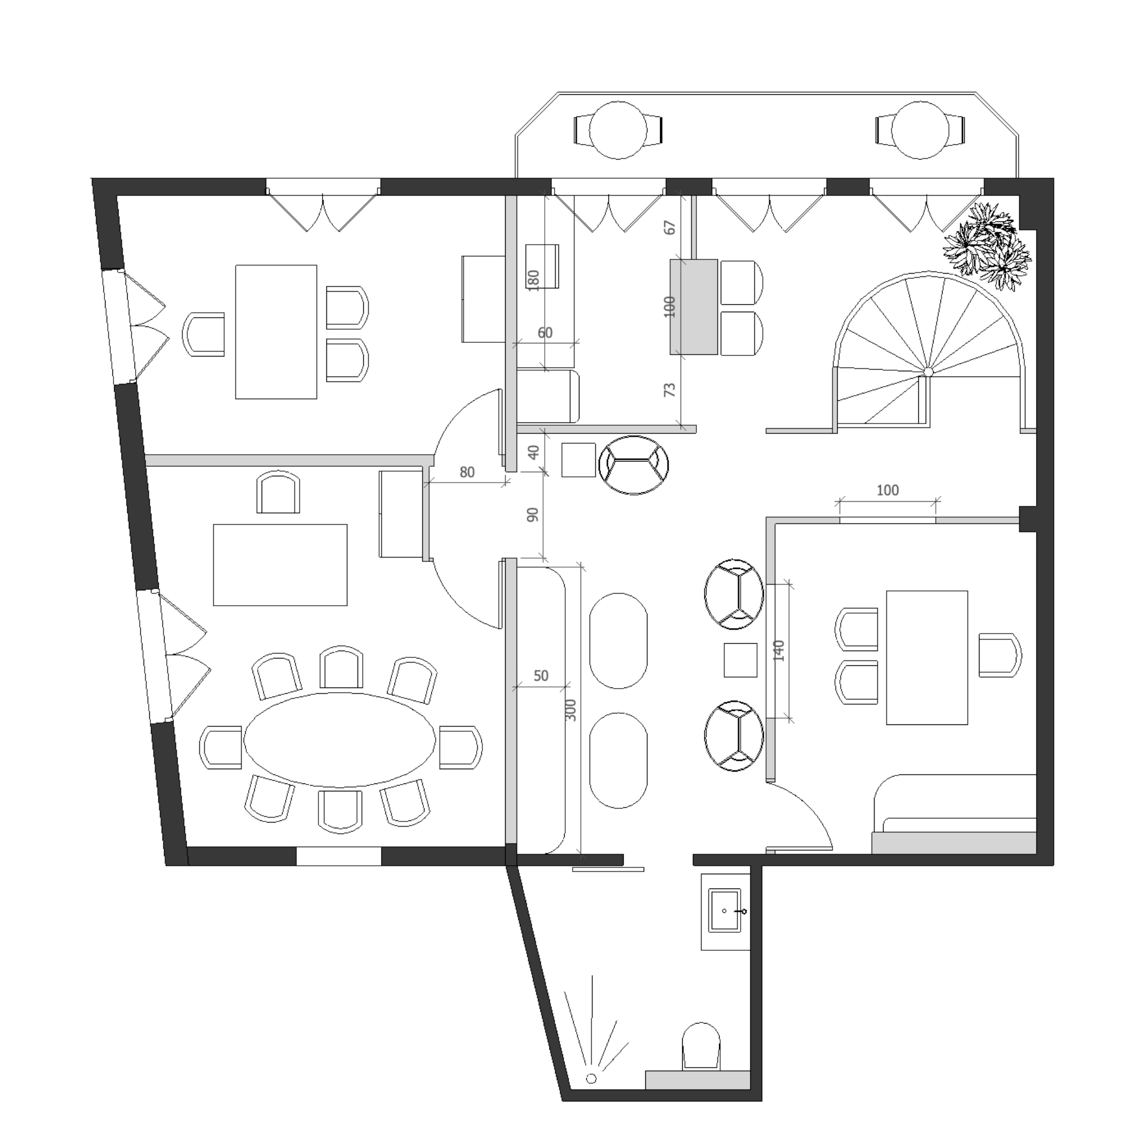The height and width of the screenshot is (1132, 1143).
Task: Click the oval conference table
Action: pos(340,740)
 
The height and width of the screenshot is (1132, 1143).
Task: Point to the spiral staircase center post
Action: pos(928,372)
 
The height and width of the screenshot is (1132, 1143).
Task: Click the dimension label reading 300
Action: pos(571,710)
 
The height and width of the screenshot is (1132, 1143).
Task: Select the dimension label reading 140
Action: pos(779,651)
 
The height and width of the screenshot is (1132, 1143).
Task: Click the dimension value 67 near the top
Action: pos(670,227)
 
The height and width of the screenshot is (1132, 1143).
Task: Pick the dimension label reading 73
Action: pos(670,390)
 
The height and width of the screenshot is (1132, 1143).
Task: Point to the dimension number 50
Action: pos(541,676)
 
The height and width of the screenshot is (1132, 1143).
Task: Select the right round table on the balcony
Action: pos(920,130)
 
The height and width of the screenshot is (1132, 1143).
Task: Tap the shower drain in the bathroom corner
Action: pos(590,1078)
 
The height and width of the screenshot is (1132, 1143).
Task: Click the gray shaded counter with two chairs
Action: pos(694,307)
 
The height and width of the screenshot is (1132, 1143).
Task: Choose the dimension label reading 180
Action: pos(533,280)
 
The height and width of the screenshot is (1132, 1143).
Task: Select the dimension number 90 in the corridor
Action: pos(533,515)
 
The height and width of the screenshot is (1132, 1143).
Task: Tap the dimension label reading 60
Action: pos(545,333)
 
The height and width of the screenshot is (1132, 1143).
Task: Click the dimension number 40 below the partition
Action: pos(533,452)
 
